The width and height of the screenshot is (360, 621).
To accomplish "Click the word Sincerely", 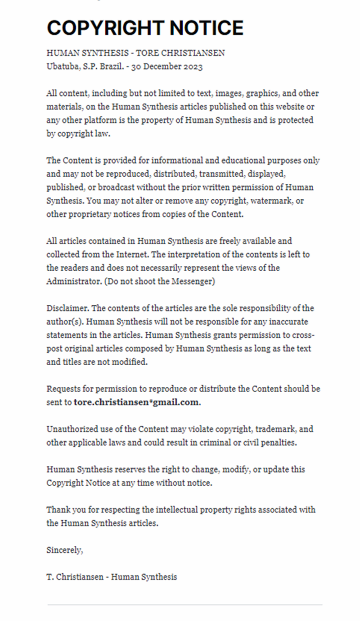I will [x=64, y=550].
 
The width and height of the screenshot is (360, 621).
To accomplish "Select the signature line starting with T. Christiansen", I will [x=112, y=577].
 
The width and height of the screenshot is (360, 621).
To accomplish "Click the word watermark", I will [x=274, y=201].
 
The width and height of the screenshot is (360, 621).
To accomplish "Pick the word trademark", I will [x=267, y=429].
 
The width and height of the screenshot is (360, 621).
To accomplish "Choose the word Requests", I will [x=63, y=389].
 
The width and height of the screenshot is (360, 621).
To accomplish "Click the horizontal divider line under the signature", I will [x=184, y=605].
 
